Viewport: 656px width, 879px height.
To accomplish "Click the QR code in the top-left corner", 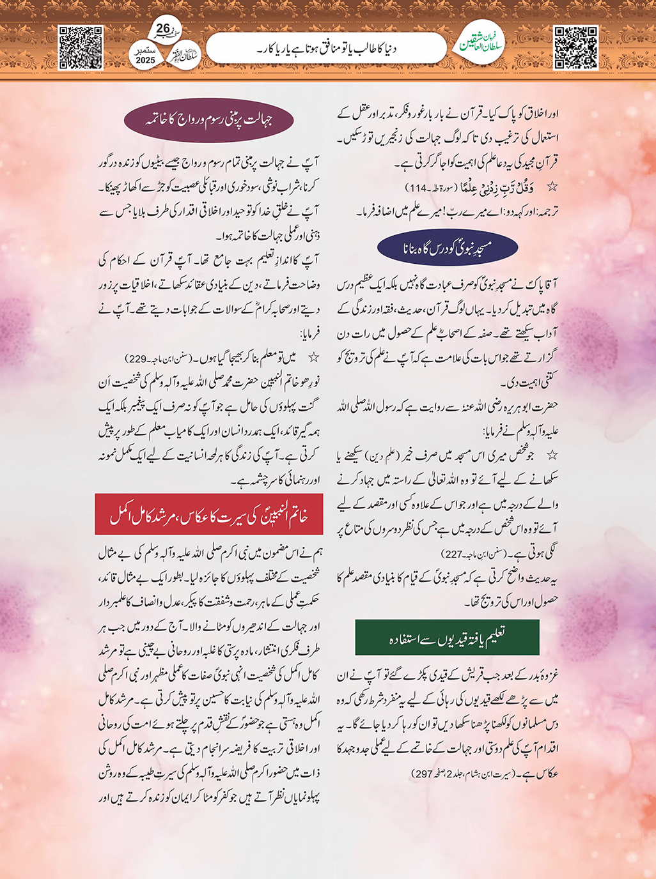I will pyautogui.click(x=81, y=48).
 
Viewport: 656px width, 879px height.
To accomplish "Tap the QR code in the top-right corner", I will pyautogui.click(x=575, y=48).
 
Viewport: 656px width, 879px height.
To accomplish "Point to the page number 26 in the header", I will pyautogui.click(x=163, y=28).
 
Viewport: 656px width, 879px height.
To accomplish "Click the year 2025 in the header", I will pyautogui.click(x=145, y=61).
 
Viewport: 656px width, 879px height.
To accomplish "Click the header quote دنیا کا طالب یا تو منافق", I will pyautogui.click(x=326, y=48).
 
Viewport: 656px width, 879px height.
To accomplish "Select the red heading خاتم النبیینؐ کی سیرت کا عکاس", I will pyautogui.click(x=208, y=514).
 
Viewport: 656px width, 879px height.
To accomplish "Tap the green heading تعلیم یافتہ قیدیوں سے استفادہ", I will pyautogui.click(x=447, y=638).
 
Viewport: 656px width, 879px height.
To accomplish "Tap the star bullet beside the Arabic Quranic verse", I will pyautogui.click(x=552, y=187).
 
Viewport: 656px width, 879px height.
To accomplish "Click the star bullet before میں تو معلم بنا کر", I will pyautogui.click(x=313, y=358).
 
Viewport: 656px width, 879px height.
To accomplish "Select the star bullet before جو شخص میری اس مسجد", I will pyautogui.click(x=552, y=455).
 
